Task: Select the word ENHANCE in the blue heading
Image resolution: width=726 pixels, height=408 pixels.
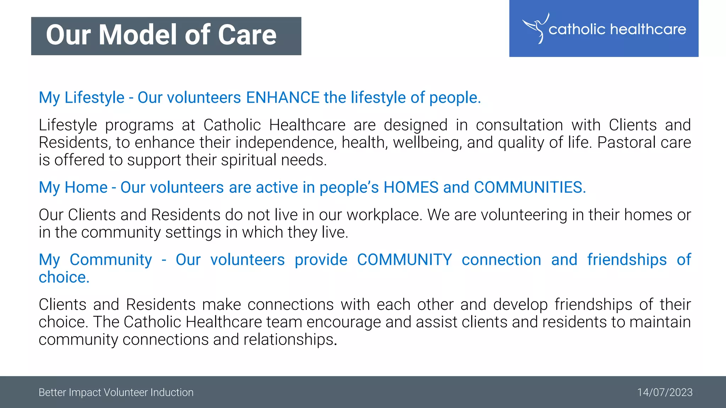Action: (283, 98)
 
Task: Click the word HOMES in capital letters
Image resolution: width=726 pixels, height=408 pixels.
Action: (411, 187)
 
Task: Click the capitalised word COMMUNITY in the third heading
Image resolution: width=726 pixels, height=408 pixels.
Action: (404, 260)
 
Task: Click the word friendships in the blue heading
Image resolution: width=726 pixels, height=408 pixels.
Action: (627, 260)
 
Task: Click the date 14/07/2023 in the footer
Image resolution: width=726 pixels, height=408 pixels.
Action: (665, 392)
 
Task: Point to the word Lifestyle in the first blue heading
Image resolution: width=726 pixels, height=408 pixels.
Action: (94, 98)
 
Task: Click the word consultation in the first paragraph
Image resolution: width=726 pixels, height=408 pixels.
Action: (519, 125)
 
